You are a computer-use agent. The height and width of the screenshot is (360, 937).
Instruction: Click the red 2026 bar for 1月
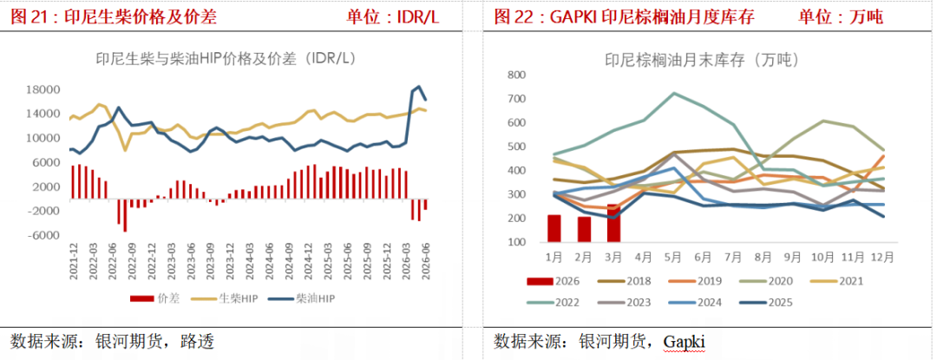(554, 229)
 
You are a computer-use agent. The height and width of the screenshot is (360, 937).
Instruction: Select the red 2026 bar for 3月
(613, 223)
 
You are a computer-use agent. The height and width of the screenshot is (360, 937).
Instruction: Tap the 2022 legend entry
(554, 303)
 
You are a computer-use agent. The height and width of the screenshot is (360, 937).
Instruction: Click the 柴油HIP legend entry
(302, 299)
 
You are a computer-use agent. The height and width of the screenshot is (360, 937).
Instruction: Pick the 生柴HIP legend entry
(225, 299)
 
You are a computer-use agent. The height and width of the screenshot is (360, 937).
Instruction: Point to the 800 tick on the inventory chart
(515, 75)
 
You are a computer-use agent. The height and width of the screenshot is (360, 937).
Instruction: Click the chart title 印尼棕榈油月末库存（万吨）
(702, 60)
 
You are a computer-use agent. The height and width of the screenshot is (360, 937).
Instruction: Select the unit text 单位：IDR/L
(393, 17)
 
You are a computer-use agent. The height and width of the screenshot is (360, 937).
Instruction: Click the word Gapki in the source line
(685, 342)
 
